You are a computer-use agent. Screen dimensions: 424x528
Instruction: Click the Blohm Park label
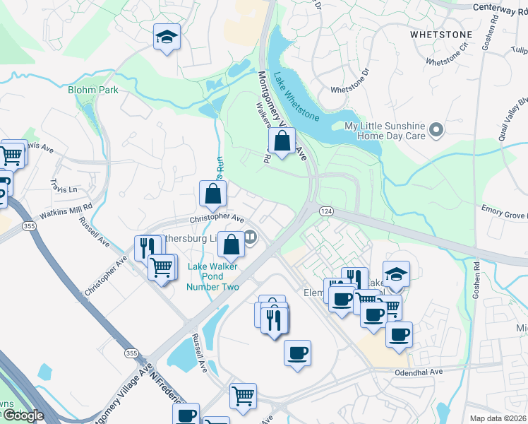[x=93, y=90]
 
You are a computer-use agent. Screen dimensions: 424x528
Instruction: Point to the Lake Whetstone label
[x=296, y=96]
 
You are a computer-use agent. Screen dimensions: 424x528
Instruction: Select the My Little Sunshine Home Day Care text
[x=383, y=131]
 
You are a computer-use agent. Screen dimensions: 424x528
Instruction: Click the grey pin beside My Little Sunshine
[x=436, y=129]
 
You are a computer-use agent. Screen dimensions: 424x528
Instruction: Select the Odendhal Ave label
[x=418, y=372]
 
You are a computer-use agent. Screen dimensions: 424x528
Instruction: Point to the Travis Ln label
[x=64, y=186]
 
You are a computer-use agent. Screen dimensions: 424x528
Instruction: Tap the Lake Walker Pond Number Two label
[x=213, y=276]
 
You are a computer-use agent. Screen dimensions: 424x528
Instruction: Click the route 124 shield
[x=326, y=211]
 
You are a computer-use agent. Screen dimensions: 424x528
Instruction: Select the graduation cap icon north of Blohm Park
[x=167, y=37]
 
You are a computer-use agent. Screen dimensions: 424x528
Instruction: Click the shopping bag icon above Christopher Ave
[x=213, y=192]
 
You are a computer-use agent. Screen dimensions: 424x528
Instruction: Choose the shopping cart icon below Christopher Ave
[x=162, y=267]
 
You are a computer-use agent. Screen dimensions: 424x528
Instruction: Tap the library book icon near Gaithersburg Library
[x=250, y=238]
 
